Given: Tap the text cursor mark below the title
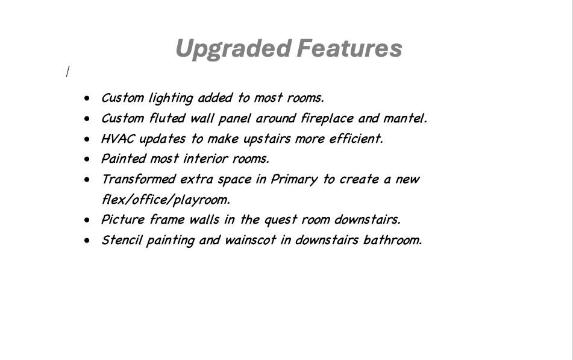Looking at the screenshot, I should pyautogui.click(x=67, y=72).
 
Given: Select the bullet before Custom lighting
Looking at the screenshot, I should pyautogui.click(x=89, y=98).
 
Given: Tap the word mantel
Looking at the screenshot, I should pyautogui.click(x=404, y=118).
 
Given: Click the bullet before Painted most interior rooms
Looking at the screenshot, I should pyautogui.click(x=89, y=159).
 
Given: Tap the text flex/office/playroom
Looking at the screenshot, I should pyautogui.click(x=165, y=200).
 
